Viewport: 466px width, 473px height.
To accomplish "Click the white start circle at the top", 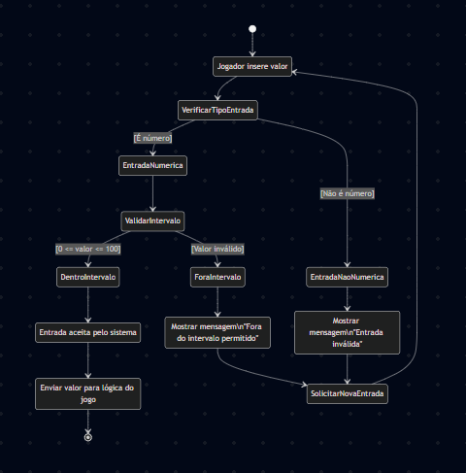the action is (x=252, y=29).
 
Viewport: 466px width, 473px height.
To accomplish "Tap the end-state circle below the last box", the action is (x=88, y=437).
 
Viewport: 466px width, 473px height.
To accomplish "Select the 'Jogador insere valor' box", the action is (x=252, y=66).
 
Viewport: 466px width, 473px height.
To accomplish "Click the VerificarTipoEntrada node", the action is (x=217, y=110).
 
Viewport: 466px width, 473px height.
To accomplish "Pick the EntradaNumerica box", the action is (x=152, y=166).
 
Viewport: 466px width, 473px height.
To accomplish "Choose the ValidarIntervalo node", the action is (x=152, y=221).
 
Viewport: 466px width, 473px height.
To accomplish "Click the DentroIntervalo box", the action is (x=88, y=277).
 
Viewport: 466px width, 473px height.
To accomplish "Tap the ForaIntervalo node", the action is (x=217, y=277).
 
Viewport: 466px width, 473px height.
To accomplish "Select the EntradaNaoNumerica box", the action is (x=347, y=277).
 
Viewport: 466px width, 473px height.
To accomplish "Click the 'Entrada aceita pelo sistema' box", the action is (x=88, y=332).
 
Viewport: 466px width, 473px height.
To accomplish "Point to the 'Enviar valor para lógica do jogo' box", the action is (x=88, y=393).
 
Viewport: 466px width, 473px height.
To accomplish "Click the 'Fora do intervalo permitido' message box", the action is (x=217, y=332).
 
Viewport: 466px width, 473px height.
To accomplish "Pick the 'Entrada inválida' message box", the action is (x=347, y=332).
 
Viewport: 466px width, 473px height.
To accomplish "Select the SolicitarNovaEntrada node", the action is (x=347, y=393).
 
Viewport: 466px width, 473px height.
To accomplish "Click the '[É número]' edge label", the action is (x=152, y=138).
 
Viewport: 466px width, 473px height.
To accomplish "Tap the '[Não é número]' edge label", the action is (x=347, y=193).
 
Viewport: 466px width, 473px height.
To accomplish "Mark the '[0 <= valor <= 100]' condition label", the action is (x=88, y=249).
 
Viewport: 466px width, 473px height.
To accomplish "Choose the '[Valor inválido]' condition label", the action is (x=217, y=249).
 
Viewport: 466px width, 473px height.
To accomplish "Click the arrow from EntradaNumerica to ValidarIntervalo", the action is (x=152, y=193).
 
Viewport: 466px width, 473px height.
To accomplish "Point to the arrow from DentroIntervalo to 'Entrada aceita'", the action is (x=88, y=305).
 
